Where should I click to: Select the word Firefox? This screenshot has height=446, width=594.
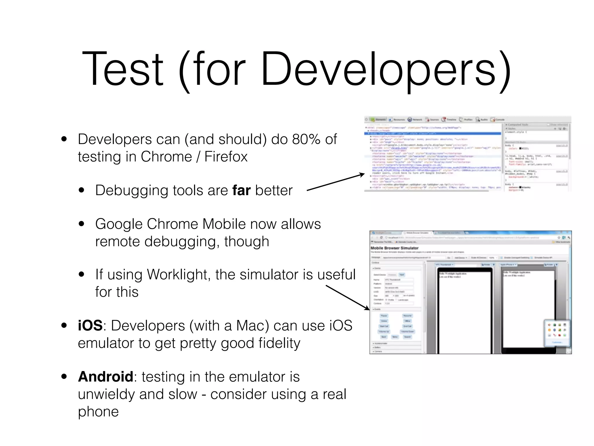[x=226, y=157]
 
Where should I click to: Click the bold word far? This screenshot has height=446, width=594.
[x=241, y=190]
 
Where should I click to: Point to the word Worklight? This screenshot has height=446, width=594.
[x=179, y=274]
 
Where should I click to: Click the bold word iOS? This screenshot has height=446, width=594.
[x=90, y=325]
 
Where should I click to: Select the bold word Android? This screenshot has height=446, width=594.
[x=106, y=377]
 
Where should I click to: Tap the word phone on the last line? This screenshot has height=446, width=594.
[x=98, y=412]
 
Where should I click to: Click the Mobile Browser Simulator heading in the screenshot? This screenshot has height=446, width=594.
[x=394, y=248]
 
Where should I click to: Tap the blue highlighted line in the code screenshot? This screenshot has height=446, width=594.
[x=432, y=134]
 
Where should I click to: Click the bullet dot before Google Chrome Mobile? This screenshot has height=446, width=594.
[x=82, y=224]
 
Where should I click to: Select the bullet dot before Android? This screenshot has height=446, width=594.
[x=64, y=377]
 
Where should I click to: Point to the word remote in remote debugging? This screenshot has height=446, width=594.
[x=117, y=242]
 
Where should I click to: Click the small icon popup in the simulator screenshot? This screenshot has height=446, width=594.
[x=557, y=333]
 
